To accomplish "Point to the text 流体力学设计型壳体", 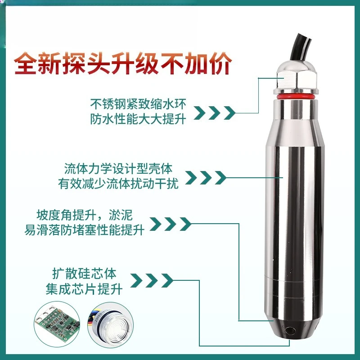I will click(118, 169).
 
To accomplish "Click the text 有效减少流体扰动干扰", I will click(118, 184).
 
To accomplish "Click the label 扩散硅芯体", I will click(84, 273).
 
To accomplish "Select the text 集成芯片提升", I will click(84, 288).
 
